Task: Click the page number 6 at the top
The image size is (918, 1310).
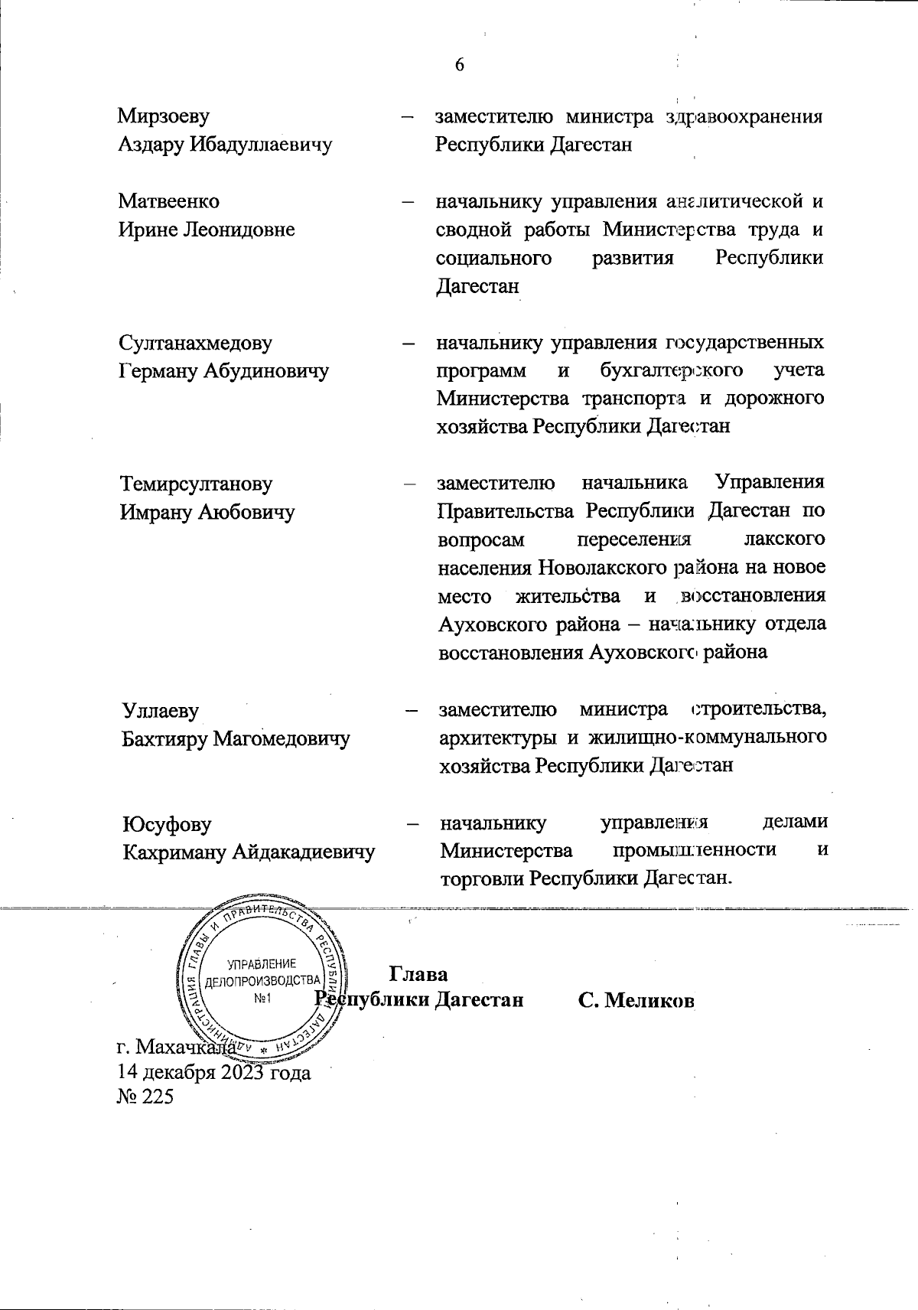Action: pos(460,64)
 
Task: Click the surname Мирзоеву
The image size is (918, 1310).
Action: pos(164,116)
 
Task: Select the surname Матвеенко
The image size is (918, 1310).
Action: pos(168,201)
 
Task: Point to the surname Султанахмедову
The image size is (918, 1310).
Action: pos(196,343)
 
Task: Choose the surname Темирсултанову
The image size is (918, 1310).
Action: pos(197,484)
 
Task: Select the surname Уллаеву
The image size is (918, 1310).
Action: pos(161,710)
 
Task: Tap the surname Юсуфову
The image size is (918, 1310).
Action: pos(167,824)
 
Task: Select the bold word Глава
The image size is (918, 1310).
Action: pos(418,974)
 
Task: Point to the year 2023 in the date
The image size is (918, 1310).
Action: pos(243,1072)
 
